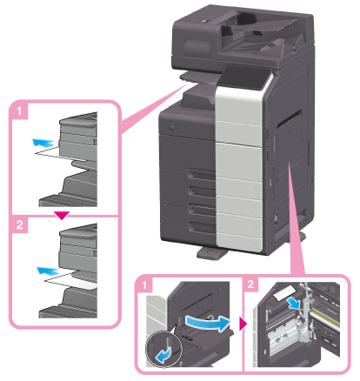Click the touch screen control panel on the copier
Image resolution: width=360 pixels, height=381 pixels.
click(x=245, y=77)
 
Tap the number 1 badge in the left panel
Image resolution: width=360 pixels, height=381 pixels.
click(x=19, y=110)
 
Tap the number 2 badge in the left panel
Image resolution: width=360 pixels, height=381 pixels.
click(x=19, y=224)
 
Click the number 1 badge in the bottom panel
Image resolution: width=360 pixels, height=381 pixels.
click(x=145, y=284)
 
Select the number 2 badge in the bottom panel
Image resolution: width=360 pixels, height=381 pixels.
click(x=250, y=284)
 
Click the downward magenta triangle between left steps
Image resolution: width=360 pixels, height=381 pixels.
click(x=62, y=215)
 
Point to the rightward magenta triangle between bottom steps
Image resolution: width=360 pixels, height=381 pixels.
click(x=243, y=324)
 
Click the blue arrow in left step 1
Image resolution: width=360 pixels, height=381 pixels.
click(x=43, y=143)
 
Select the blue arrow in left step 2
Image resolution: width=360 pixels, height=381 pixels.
click(x=48, y=271)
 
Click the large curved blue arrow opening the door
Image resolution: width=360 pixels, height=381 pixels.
click(x=208, y=323)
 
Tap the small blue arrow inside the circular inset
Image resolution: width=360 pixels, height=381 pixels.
click(x=163, y=356)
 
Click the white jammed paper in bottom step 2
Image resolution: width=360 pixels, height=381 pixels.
click(x=284, y=294)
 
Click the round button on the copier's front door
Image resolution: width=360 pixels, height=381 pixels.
click(x=172, y=128)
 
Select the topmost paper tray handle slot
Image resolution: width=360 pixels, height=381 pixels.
click(x=202, y=173)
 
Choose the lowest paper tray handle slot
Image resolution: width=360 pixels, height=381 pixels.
click(x=202, y=227)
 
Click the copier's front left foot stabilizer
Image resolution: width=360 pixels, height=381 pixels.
click(x=212, y=253)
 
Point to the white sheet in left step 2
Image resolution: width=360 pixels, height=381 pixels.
click(x=71, y=281)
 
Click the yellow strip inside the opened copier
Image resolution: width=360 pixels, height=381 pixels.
click(x=324, y=318)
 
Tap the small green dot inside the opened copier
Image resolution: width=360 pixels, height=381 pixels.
click(x=270, y=313)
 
